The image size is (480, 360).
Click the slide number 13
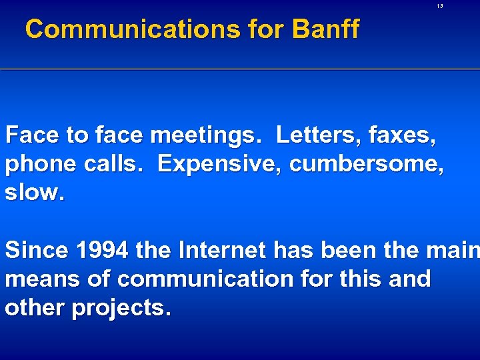440,6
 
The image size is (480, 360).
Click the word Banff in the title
325,29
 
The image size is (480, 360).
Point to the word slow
35,192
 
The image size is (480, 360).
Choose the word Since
35,250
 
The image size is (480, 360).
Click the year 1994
102,250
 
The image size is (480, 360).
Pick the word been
351,250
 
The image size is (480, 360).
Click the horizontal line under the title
240,70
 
